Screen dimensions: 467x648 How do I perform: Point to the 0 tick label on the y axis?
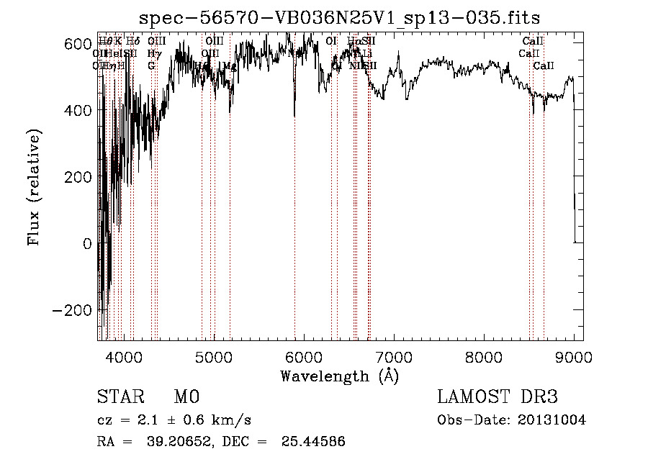tap(88, 243)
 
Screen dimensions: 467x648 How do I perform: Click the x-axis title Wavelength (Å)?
tap(340, 376)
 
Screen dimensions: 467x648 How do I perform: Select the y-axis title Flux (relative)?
tap(35, 187)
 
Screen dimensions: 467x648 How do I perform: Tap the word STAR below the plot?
tap(119, 397)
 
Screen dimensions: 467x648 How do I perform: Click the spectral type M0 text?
tap(186, 397)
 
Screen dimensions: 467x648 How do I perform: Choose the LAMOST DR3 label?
tap(497, 397)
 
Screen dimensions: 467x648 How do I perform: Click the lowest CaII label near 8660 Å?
tap(544, 66)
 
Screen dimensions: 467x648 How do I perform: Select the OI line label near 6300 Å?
tap(331, 41)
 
